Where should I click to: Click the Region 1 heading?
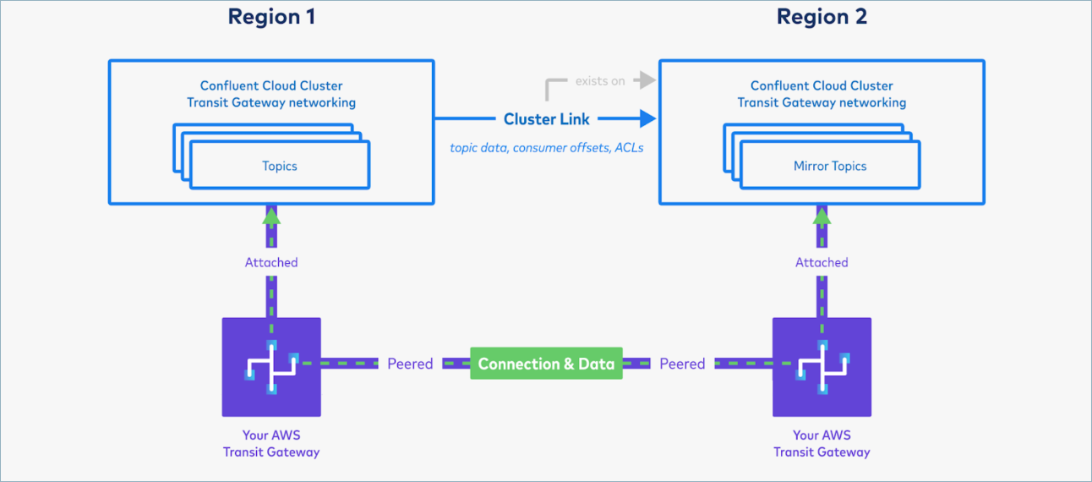point(271,17)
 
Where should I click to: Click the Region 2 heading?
point(822,17)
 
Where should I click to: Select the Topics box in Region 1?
point(279,166)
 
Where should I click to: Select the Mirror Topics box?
point(829,166)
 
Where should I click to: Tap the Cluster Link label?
point(546,119)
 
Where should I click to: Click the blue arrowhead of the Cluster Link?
point(647,118)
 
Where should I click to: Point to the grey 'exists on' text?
point(600,81)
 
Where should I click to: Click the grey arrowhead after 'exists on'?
point(647,80)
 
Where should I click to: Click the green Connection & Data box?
point(546,364)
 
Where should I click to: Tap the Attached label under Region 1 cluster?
point(271,262)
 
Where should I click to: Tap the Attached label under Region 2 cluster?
point(822,262)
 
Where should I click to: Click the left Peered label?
point(410,364)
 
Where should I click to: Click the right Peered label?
point(682,364)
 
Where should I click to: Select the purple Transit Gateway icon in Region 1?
point(271,367)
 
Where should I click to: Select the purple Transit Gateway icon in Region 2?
point(822,367)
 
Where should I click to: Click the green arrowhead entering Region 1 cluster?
point(271,216)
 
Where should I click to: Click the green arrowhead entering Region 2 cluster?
point(822,216)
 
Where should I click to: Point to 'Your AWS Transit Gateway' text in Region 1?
point(271,443)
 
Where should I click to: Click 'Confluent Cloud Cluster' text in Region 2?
point(822,85)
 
